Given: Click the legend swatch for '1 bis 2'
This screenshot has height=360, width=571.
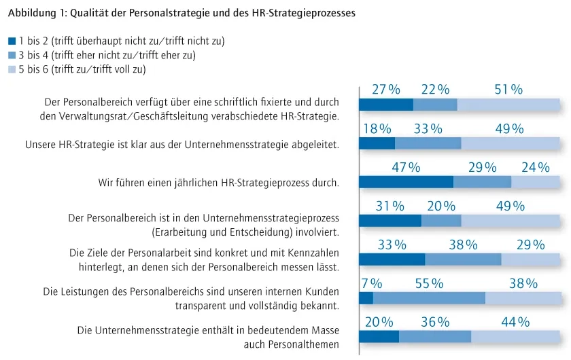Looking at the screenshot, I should pos(12,41).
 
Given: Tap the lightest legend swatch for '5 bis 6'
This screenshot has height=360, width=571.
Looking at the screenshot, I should pos(12,69).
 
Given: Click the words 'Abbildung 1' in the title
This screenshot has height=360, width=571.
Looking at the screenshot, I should pos(35,12).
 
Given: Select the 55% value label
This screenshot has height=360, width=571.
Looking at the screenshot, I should pos(429,284).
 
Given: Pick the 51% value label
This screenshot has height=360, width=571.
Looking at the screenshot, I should pos(508,90).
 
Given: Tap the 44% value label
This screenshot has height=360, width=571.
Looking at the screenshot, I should pos(515,322).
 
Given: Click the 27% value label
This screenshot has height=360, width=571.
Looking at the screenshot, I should pos(386,90).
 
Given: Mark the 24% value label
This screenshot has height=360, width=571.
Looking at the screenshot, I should pos(536,167).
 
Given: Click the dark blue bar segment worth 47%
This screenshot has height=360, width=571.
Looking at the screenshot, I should pos(406,182).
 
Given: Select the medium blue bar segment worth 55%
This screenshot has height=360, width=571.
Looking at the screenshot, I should pos(429,298).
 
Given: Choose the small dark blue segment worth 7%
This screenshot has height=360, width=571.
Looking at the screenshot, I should pos(366,298).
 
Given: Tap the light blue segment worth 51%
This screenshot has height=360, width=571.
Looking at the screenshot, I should pos(508,105).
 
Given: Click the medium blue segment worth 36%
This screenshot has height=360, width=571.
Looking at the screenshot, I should pos(435,337).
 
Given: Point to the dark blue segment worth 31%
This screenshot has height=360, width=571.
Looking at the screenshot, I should pos(390,221).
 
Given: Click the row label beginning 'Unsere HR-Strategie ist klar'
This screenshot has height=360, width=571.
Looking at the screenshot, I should pos(182,145).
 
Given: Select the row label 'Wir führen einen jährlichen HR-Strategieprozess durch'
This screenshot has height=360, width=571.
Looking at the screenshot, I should pos(219,183).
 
